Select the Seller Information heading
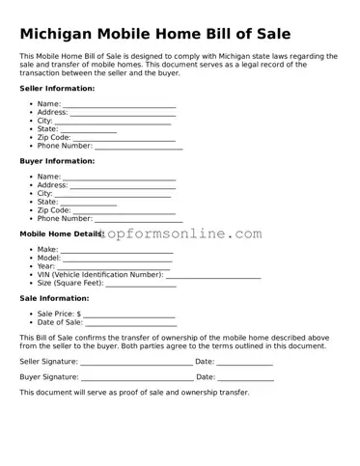[57, 88]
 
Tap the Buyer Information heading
[57, 161]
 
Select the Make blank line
[118, 251]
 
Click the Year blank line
[114, 267]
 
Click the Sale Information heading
[54, 298]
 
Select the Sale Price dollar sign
[78, 315]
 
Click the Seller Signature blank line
[136, 363]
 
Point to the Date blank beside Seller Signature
[245, 363]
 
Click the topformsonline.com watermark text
[183, 234]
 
